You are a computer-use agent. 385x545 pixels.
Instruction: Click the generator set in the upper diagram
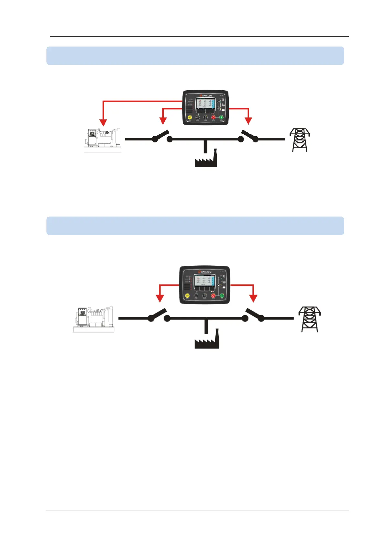[x=103, y=140]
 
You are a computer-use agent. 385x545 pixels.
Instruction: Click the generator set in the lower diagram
[x=94, y=319]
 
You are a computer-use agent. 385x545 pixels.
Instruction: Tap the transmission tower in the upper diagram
[x=300, y=140]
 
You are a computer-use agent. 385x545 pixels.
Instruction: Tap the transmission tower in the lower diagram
[x=309, y=319]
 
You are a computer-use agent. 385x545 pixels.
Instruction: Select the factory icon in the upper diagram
[x=206, y=159]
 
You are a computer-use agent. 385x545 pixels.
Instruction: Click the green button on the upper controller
[x=222, y=117]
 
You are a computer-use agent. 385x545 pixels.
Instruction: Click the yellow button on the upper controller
[x=190, y=117]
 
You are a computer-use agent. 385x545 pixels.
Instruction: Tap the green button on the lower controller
[x=222, y=295]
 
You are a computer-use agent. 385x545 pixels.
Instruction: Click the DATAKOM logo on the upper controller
[x=205, y=96]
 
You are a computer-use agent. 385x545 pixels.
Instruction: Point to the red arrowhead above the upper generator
[x=103, y=122]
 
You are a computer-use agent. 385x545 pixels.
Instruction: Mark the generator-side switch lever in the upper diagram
[x=161, y=135]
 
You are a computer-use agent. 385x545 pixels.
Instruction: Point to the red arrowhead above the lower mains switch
[x=253, y=298]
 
